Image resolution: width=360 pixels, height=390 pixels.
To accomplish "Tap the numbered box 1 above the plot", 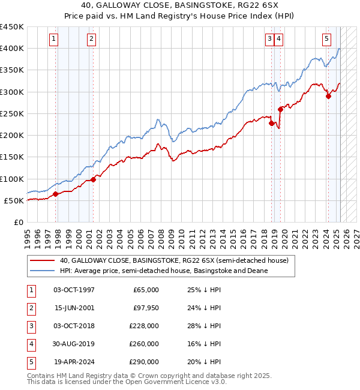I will (x=54, y=40).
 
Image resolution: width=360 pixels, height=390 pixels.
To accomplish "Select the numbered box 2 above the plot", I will (x=91, y=40).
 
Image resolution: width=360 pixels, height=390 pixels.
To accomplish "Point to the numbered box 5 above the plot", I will (x=326, y=40).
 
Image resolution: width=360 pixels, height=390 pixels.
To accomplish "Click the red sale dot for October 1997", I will (x=55, y=194).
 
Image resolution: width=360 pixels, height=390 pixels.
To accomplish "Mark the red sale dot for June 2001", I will (x=94, y=179).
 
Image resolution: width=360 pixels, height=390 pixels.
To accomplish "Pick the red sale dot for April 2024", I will (x=328, y=96).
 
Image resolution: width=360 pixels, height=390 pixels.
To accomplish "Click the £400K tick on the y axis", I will (x=12, y=49).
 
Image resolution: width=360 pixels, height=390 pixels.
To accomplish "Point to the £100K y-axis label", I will (x=12, y=179).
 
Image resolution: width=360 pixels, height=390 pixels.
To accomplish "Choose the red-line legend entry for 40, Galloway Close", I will (x=174, y=260).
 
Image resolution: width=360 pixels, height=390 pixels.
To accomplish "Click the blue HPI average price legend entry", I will (x=163, y=271).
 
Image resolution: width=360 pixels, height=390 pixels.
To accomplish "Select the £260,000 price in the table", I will (x=144, y=344).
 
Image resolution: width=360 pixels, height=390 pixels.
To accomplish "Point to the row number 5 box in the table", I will (x=30, y=362).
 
